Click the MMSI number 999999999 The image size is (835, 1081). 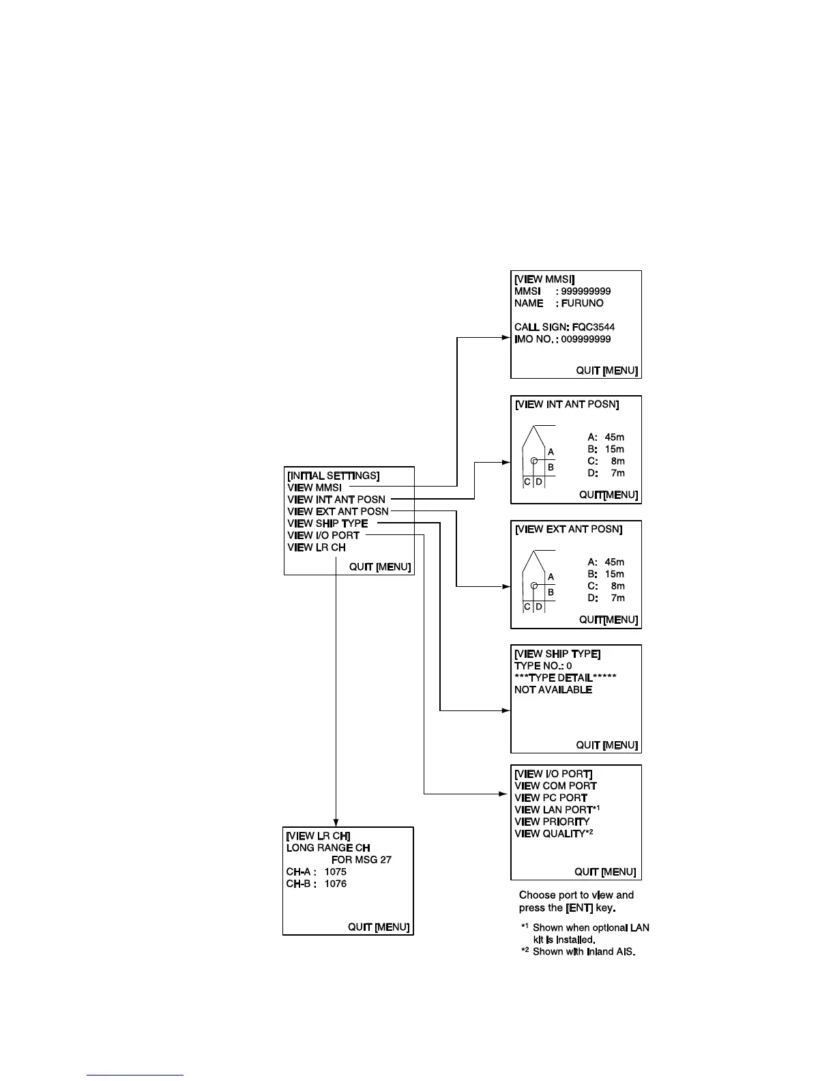(585, 291)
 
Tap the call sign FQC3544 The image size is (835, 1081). (593, 327)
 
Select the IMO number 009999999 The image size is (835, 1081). (585, 339)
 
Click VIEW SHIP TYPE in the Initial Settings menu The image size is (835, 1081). (327, 523)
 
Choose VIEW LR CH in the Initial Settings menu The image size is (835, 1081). (317, 547)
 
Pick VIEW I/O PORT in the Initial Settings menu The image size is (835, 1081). (323, 536)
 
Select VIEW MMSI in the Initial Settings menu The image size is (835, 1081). (314, 488)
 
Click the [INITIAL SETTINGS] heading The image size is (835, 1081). (334, 476)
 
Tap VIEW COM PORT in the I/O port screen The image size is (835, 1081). (555, 786)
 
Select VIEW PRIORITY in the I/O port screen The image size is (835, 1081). (552, 822)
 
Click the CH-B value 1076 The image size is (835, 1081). (335, 884)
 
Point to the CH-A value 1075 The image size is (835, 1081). (335, 871)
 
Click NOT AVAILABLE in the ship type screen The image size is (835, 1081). (553, 690)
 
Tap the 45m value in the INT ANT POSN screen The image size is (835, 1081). (614, 437)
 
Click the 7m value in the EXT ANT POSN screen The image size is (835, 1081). (617, 598)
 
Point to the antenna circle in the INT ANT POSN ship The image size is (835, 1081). (535, 461)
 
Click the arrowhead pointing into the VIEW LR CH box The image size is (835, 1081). (336, 823)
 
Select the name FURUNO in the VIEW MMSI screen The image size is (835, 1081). (582, 303)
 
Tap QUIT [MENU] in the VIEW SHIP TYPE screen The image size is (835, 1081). (606, 745)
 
